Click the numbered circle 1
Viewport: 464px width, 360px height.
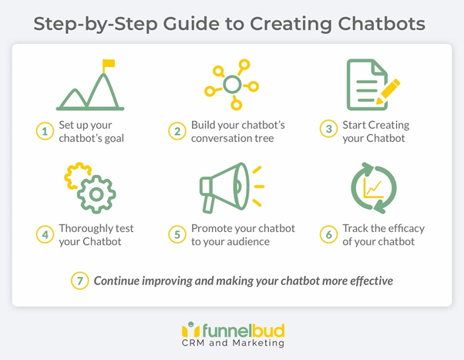click(45, 132)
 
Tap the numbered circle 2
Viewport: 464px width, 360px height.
click(178, 132)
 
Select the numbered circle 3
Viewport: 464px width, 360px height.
click(329, 130)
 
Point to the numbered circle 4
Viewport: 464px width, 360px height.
click(45, 234)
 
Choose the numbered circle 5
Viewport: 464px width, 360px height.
click(178, 234)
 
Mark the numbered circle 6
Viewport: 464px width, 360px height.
click(329, 234)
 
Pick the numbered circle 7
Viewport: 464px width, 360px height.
click(80, 281)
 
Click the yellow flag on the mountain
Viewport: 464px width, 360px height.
click(109, 64)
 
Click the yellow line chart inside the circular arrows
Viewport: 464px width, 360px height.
click(374, 187)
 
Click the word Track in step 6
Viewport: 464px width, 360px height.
click(357, 228)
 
